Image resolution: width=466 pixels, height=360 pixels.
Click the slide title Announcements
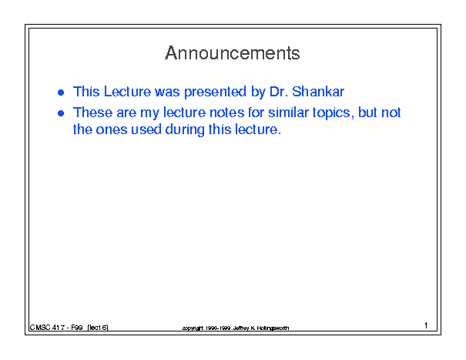[233, 53]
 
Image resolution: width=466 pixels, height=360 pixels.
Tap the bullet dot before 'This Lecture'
[61, 93]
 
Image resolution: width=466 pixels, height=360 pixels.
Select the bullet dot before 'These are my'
[61, 113]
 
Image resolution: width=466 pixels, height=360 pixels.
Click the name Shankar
[317, 91]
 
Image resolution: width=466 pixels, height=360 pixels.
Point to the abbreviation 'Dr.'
[279, 91]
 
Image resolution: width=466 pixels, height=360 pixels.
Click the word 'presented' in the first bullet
[215, 92]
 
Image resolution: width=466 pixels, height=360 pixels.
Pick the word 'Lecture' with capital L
[127, 91]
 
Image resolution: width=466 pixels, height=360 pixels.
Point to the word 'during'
[185, 130]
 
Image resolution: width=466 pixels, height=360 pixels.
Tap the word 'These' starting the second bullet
[92, 113]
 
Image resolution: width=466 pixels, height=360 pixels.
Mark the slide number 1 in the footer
[426, 325]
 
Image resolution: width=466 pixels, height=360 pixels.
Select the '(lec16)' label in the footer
[98, 328]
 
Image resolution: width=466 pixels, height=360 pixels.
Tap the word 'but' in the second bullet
[367, 113]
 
